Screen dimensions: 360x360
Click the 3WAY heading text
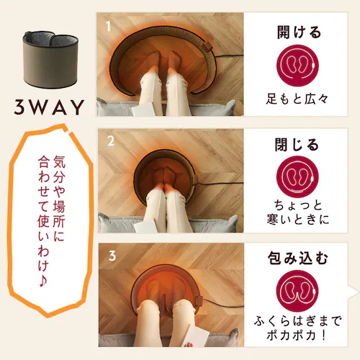49,107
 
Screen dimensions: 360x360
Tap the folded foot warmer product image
50,60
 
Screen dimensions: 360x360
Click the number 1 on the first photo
108,26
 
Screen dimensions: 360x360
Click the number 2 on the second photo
111,141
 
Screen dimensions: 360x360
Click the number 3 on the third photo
112,256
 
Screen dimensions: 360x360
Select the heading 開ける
299,32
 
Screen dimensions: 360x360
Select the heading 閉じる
297,145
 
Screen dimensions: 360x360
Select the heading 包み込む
298,258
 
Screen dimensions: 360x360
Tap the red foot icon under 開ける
297,66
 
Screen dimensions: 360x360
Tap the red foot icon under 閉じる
297,177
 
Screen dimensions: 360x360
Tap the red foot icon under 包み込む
297,291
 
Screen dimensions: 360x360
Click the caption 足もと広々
297,99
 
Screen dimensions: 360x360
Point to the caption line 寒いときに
297,220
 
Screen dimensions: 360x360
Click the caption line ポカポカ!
297,335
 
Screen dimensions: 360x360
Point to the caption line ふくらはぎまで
297,321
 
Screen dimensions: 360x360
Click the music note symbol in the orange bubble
43,281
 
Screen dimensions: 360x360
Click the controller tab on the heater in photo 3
199,300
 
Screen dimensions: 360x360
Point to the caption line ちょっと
298,206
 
